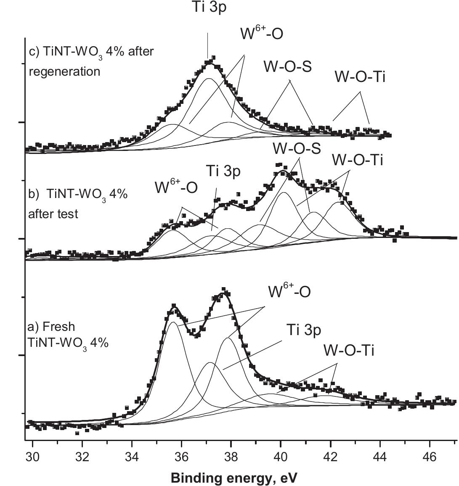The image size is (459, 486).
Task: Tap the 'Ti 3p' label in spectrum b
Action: tap(223, 172)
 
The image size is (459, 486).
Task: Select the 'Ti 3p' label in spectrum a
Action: tap(304, 330)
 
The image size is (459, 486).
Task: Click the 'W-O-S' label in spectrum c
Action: tap(288, 66)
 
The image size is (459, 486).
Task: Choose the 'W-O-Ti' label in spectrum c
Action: tap(360, 77)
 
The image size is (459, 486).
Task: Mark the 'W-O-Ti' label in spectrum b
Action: tap(358, 160)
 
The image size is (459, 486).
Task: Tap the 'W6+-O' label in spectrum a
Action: tap(289, 291)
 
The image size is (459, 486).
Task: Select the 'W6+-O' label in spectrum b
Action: tap(176, 187)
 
